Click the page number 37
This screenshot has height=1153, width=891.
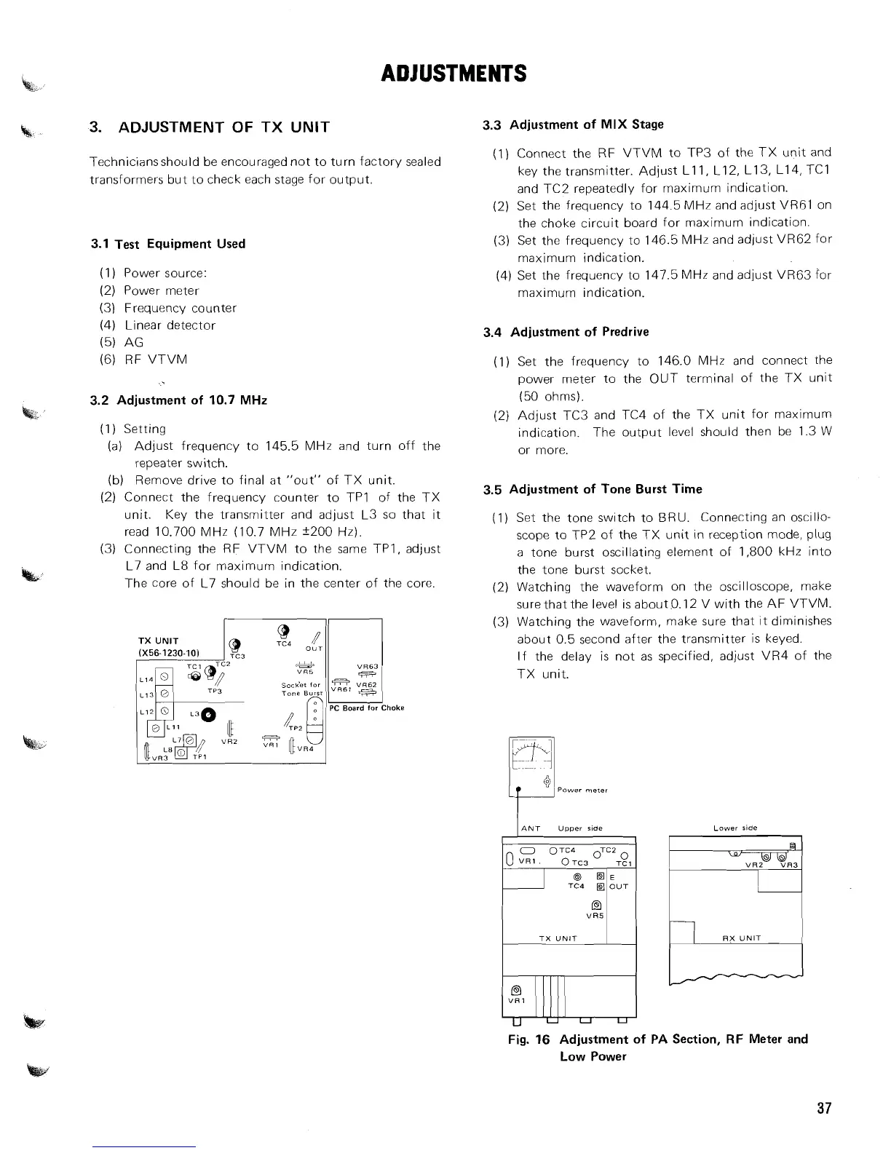pos(823,1109)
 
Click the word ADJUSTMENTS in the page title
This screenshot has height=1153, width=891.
pos(454,74)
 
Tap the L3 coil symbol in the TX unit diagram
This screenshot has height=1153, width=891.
pos(209,714)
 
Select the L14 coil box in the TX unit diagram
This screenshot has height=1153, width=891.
pos(165,677)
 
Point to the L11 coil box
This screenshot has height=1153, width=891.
pos(154,727)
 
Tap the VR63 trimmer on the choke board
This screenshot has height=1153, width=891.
pos(365,674)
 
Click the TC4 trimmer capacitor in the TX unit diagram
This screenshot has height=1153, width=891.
pos(284,630)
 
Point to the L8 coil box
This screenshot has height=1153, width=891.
pos(181,754)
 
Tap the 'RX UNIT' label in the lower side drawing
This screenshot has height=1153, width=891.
pos(741,938)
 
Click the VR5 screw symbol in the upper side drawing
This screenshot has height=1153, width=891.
pos(595,906)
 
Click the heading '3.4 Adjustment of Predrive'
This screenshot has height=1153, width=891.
pos(566,332)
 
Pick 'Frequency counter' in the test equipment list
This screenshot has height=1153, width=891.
pos(180,308)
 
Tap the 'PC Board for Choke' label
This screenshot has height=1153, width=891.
pos(367,708)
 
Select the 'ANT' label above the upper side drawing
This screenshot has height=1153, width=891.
pos(531,828)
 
